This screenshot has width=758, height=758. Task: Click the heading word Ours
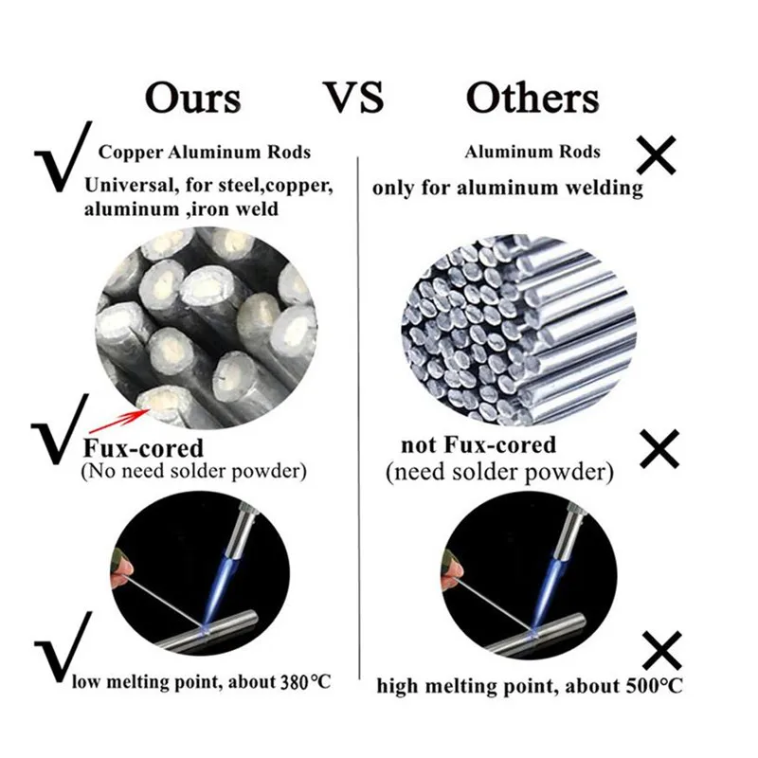(x=192, y=98)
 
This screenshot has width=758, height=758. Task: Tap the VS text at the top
(x=354, y=98)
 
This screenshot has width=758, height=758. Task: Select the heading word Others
(x=532, y=98)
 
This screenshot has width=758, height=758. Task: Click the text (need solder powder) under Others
(x=500, y=471)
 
